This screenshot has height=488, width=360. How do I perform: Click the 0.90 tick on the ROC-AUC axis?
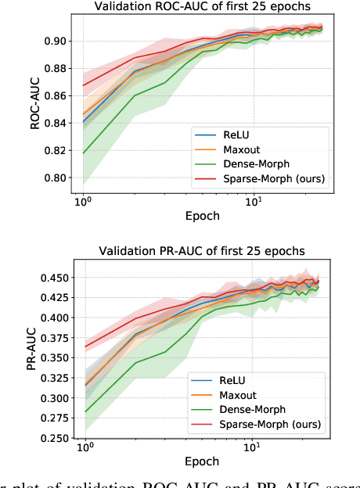tap(54, 41)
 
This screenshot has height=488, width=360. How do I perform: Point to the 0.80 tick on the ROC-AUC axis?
tap(54, 178)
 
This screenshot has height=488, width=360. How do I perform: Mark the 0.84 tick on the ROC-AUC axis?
tap(54, 123)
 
